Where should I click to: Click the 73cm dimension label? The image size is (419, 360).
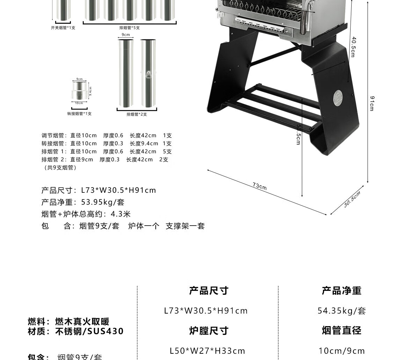pos(260,186)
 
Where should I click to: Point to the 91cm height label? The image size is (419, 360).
pos(372,103)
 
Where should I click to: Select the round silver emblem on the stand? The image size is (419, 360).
pos(338,97)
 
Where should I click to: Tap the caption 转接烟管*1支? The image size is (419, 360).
pos(79,114)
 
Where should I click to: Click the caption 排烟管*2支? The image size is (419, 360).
pos(137,114)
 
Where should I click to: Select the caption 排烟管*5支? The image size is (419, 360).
pos(130,28)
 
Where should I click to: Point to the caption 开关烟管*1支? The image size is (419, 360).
pos(63,28)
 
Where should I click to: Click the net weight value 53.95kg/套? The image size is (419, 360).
pos(103,202)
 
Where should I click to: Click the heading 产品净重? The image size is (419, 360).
pos(341,291)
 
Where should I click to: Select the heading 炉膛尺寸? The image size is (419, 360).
pos(208,331)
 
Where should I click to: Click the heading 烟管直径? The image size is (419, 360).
pos(341,331)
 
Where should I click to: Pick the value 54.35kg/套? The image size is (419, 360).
pos(341,311)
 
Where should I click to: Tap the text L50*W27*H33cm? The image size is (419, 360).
pos(207,351)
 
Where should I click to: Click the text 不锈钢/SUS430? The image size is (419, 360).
pos(89,331)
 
